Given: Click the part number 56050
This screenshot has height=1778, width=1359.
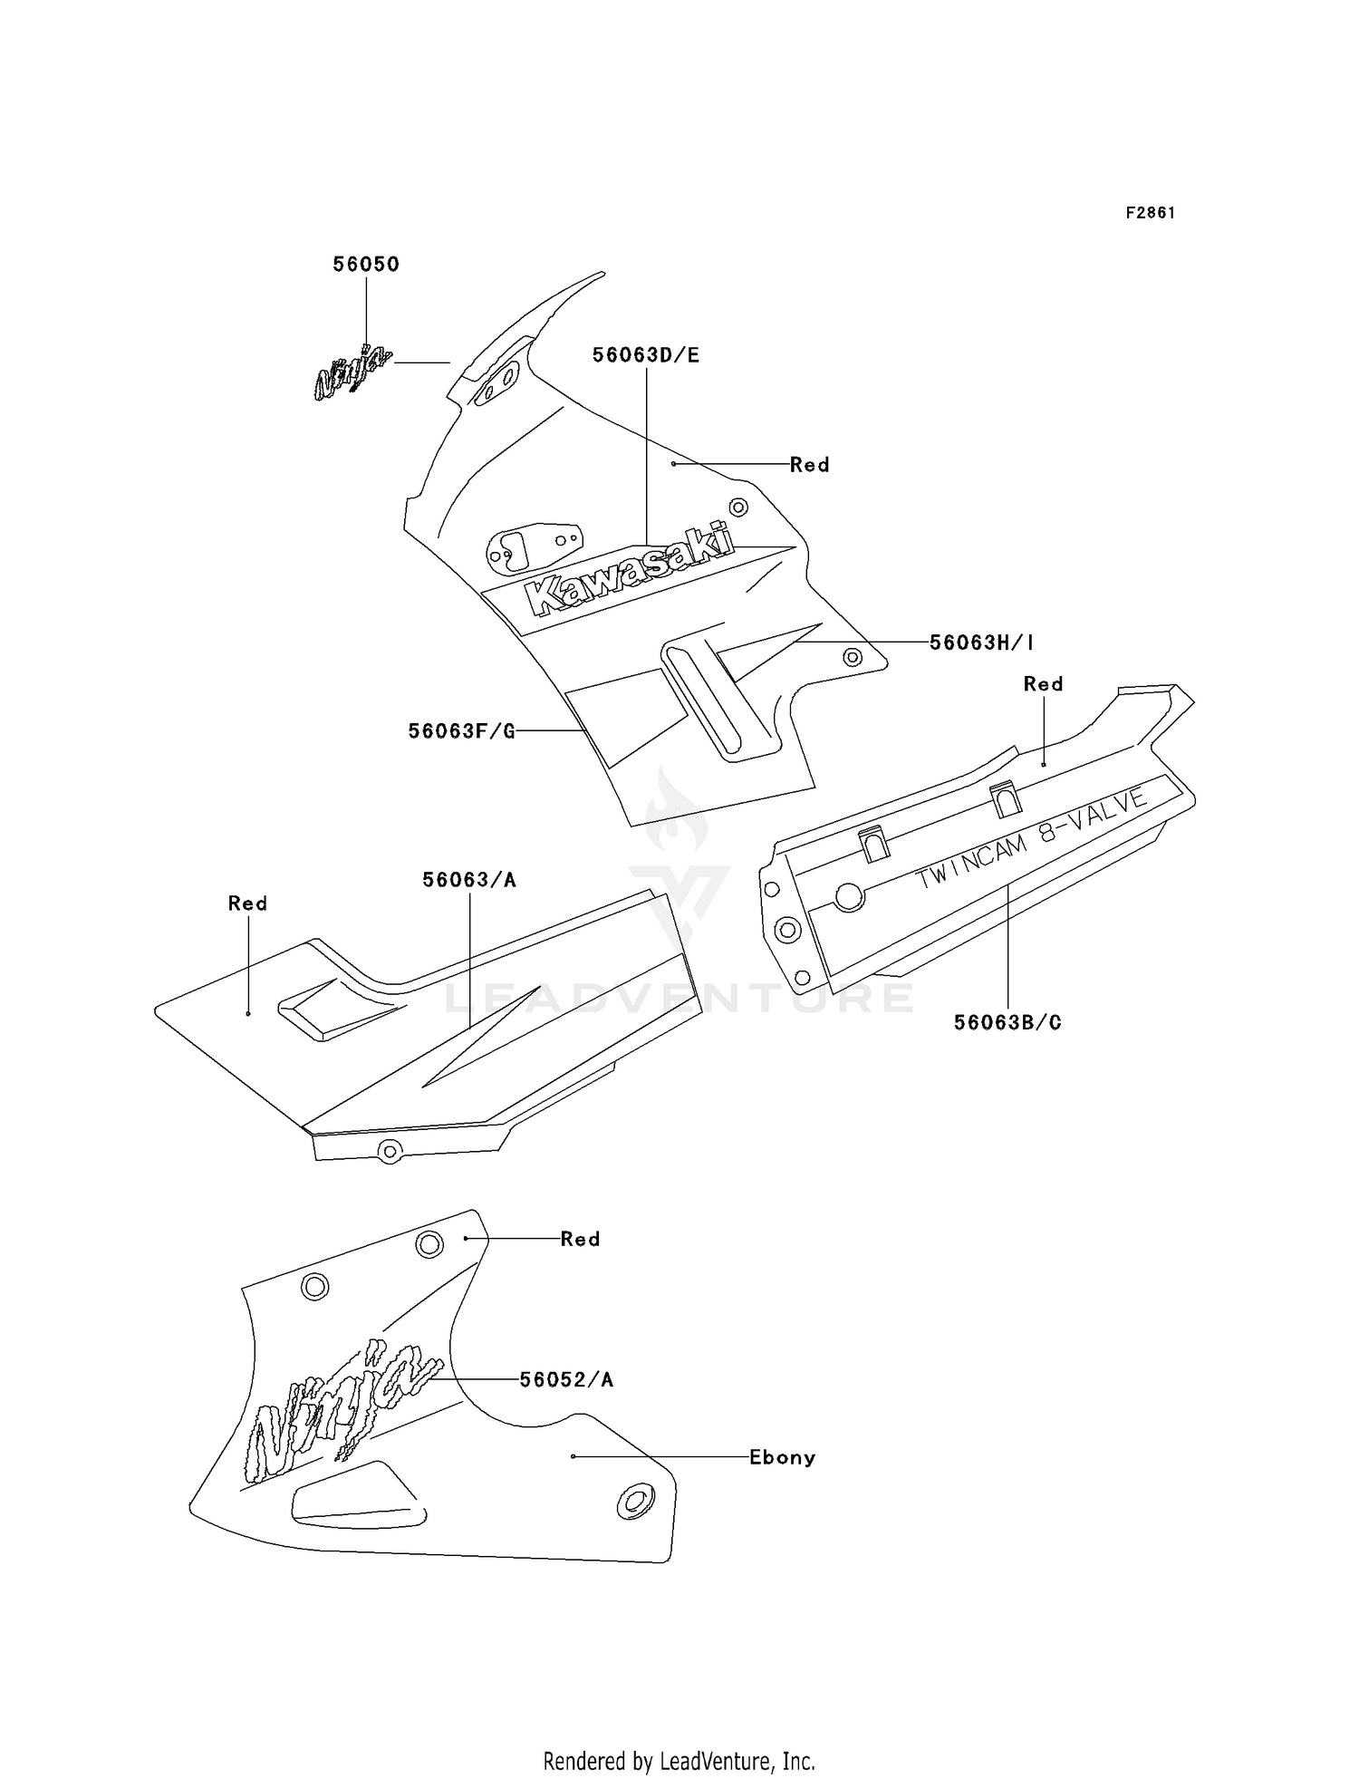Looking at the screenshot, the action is (x=366, y=265).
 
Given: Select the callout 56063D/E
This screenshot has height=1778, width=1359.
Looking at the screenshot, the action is (x=646, y=355).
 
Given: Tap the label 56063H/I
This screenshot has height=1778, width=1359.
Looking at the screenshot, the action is (x=982, y=643).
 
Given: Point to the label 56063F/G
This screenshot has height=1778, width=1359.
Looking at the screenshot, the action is (x=461, y=731).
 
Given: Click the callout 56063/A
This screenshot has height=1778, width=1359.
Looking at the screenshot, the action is (x=469, y=880).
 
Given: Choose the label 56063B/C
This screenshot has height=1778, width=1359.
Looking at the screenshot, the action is (x=1007, y=1023).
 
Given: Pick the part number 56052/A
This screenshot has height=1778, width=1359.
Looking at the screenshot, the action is (x=566, y=1380).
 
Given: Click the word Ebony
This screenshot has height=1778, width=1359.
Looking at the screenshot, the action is (x=782, y=1458).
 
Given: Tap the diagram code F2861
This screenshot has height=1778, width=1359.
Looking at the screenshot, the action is (x=1151, y=213).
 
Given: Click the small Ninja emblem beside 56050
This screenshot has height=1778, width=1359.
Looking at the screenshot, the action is (x=352, y=372).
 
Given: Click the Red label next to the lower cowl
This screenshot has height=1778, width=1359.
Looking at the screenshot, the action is (x=580, y=1239).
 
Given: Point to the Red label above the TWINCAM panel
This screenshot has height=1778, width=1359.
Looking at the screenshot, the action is (x=1043, y=684).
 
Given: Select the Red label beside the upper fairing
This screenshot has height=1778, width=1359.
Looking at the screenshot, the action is (x=809, y=465).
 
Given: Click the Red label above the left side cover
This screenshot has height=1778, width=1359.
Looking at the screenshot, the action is (x=247, y=903).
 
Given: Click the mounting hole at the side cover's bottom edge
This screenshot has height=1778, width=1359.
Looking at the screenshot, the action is (x=390, y=1151).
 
